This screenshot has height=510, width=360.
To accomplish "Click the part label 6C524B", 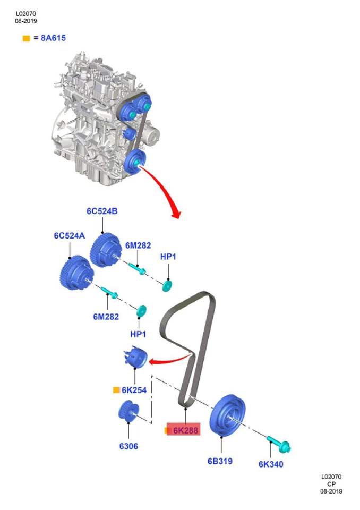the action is pos(102,211).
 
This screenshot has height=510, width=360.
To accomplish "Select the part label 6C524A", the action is pos(69,235).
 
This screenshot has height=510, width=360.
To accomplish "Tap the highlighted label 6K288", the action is pos(185,430).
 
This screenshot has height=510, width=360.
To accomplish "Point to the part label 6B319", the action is pos(220,461).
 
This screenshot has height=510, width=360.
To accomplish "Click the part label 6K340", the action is pos(271,464).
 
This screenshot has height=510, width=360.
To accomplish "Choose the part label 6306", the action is pos(129,446).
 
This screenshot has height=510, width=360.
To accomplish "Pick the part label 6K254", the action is pos(134,390).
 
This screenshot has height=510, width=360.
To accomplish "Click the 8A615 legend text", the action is pos(53,38).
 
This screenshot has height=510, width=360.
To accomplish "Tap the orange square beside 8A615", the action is pos(26,38).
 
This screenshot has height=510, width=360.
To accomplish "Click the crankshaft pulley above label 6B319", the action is pos(227,415).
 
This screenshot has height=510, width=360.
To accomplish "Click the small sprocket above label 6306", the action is pos(128,411).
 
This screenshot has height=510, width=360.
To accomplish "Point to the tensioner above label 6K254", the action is pos(135,357).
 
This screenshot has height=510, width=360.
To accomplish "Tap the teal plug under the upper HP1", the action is pos(167,286).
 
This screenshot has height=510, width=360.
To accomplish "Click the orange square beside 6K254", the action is pos(116,390).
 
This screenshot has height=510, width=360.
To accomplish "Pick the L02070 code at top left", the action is pos(25,14).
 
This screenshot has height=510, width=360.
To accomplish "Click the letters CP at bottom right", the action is pos(331,484).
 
